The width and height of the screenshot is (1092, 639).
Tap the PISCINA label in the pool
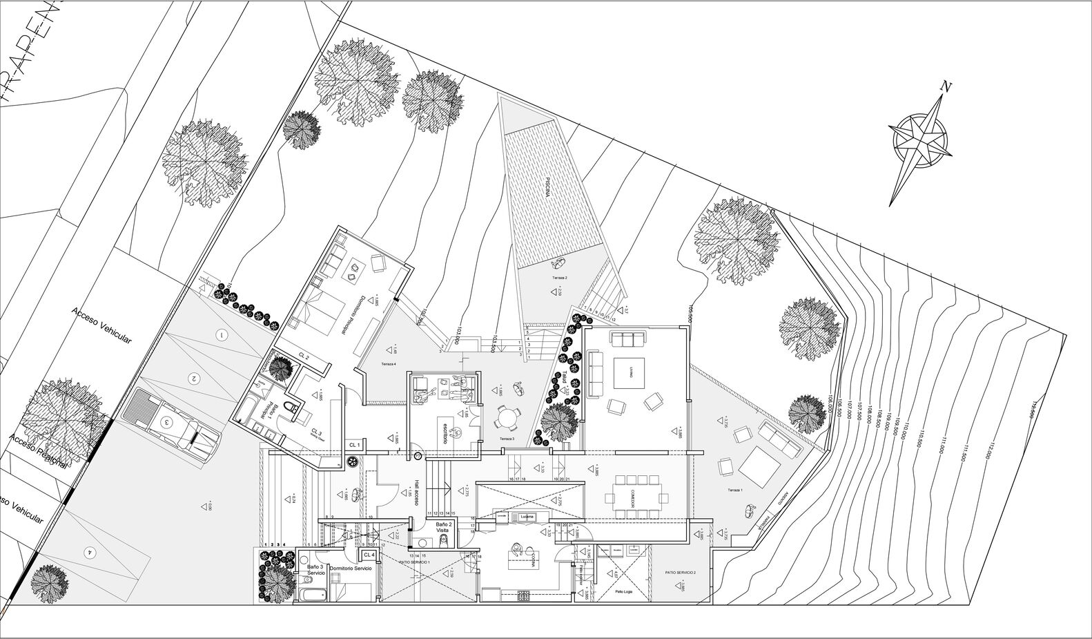(546, 187)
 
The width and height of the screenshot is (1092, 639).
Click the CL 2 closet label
(304, 355)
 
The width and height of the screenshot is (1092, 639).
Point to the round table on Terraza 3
(508, 418)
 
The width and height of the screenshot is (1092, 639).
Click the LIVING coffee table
(628, 373)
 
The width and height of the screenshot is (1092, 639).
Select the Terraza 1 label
(734, 490)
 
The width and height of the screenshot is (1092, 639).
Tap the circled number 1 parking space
(222, 336)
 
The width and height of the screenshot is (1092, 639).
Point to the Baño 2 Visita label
(445, 528)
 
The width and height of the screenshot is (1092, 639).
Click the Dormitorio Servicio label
(351, 568)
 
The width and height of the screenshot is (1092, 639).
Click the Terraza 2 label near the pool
(558, 277)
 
